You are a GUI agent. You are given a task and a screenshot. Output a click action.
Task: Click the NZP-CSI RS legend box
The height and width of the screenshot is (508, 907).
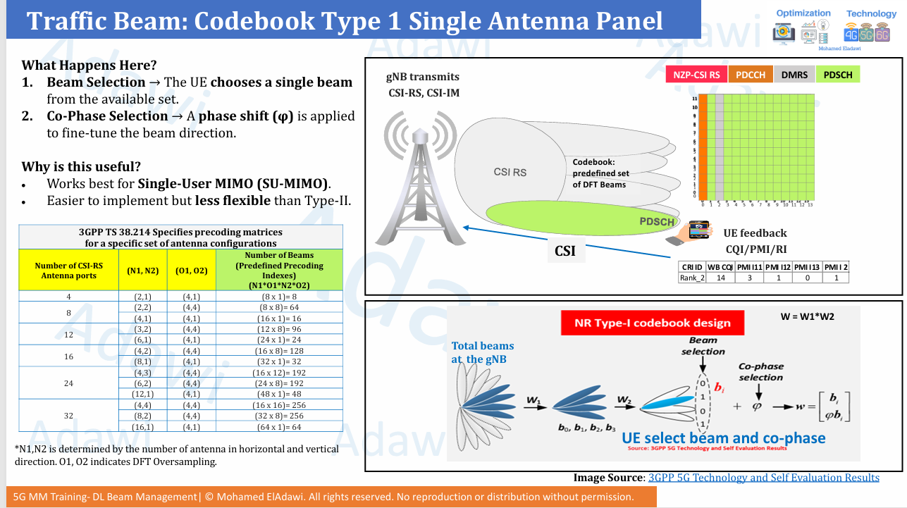click(696, 75)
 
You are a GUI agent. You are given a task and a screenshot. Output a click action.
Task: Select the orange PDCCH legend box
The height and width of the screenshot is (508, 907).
click(751, 75)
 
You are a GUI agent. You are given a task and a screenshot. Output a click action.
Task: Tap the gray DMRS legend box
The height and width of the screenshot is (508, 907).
click(794, 75)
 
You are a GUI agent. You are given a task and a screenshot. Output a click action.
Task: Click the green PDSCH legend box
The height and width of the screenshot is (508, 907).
click(838, 75)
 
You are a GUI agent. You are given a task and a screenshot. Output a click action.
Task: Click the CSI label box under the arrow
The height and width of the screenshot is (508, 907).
click(565, 250)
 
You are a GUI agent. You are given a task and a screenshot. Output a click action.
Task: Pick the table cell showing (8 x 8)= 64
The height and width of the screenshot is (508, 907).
click(279, 307)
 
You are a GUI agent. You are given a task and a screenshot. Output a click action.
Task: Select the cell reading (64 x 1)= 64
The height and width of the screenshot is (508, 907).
click(279, 427)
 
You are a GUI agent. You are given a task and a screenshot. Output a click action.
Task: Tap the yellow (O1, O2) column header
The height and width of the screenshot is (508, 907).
click(191, 270)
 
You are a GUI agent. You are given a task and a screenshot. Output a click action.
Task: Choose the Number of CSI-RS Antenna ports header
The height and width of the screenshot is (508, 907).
click(68, 270)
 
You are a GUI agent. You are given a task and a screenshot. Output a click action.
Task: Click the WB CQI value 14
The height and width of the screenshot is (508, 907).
click(721, 278)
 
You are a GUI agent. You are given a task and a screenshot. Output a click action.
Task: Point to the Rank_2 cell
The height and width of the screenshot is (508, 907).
click(692, 278)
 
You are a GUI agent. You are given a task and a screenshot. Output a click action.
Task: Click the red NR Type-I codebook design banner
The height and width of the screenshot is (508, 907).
click(652, 323)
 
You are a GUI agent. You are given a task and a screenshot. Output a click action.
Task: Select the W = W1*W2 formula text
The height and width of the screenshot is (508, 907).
click(807, 316)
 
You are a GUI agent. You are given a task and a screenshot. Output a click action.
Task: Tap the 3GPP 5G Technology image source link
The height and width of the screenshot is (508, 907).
click(763, 478)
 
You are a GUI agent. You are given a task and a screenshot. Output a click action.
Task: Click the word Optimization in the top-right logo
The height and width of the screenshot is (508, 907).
click(803, 13)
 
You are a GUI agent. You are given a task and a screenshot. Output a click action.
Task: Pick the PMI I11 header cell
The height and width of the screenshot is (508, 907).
click(750, 266)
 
